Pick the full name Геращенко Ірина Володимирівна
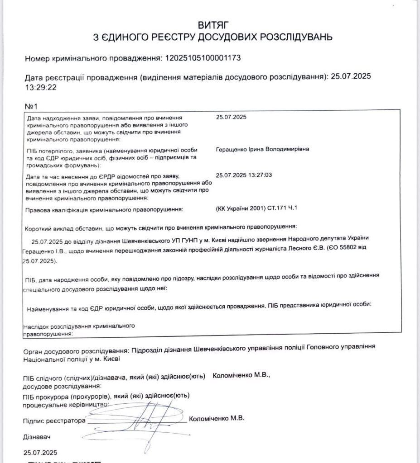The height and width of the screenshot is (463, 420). pyautogui.click(x=263, y=149)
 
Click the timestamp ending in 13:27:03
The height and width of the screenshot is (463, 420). pyautogui.click(x=248, y=175)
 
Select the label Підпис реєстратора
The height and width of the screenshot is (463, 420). pyautogui.click(x=54, y=420)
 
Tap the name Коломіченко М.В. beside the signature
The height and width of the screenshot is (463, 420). pyautogui.click(x=217, y=418)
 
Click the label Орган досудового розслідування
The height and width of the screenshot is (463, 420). pyautogui.click(x=76, y=350)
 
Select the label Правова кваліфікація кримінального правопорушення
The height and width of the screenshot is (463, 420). pyautogui.click(x=105, y=209)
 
